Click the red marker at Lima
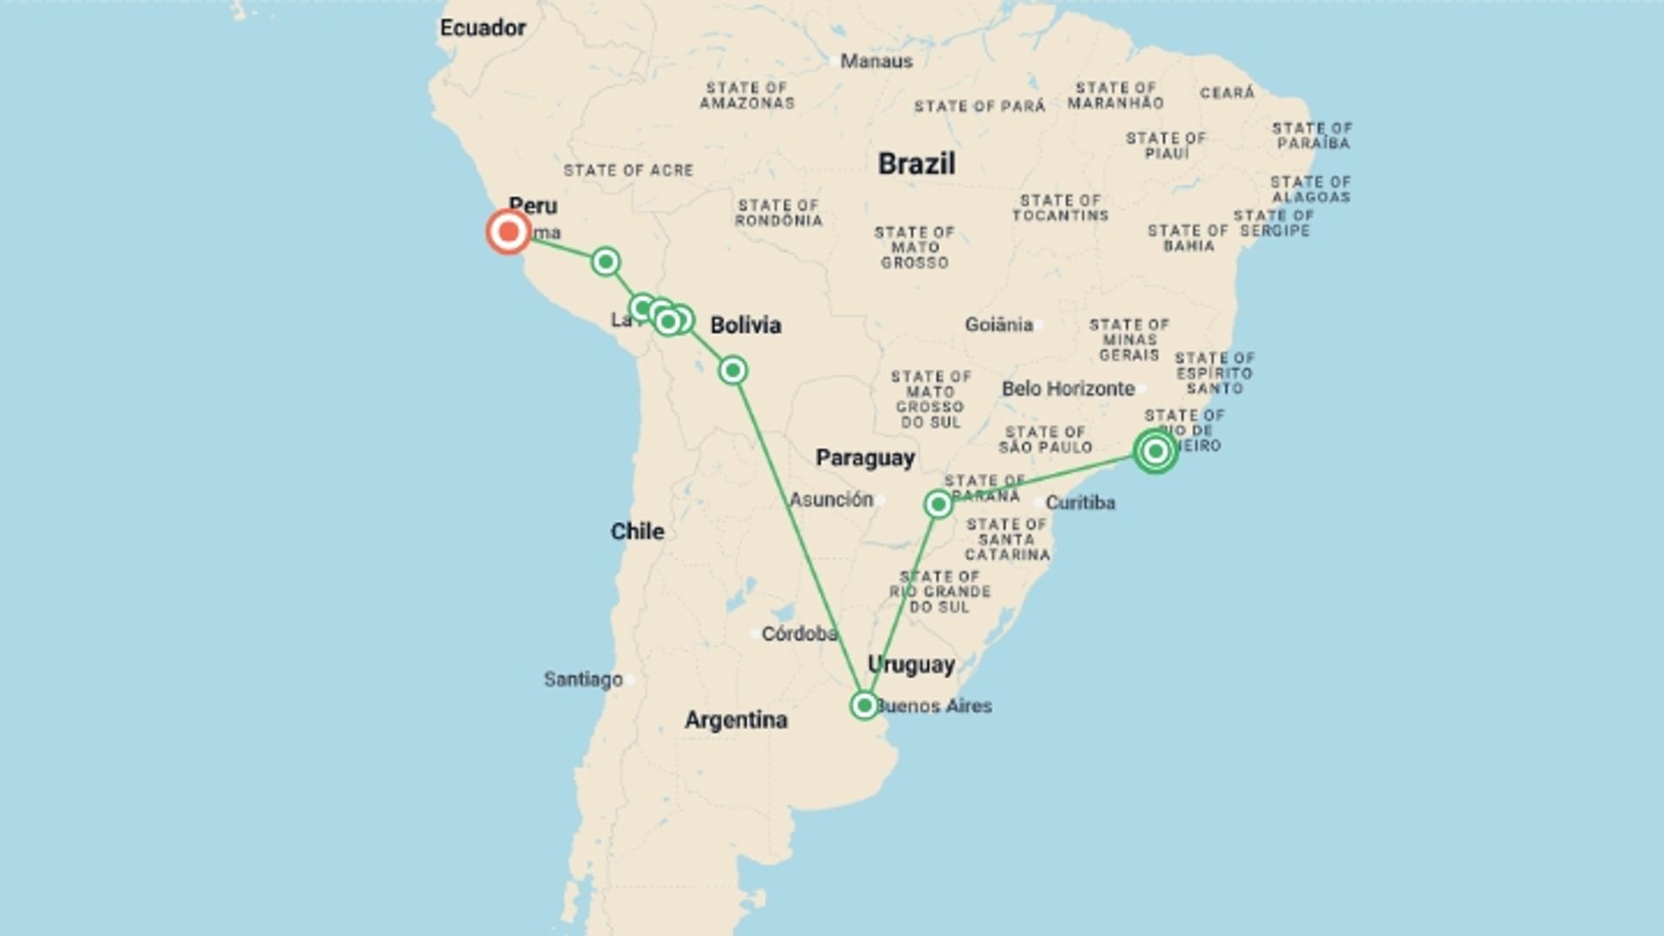coord(509,231)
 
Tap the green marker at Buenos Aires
coord(864,705)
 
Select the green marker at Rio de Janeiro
coord(1155,451)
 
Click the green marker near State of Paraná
coord(938,504)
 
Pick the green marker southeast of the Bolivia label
coord(732,371)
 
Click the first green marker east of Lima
coord(606,261)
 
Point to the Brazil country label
coord(916,164)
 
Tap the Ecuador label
coord(483,28)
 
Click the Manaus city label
coord(876,62)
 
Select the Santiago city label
coord(583,679)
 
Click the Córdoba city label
coord(798,634)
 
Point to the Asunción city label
coord(830,499)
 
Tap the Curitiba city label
coord(1080,503)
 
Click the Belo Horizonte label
coord(1068,389)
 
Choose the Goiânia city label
coord(998,325)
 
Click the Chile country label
coord(637,531)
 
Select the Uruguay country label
coord(911,665)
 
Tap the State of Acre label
coord(628,171)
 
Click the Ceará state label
coord(1227,93)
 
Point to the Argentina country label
coord(736,720)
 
